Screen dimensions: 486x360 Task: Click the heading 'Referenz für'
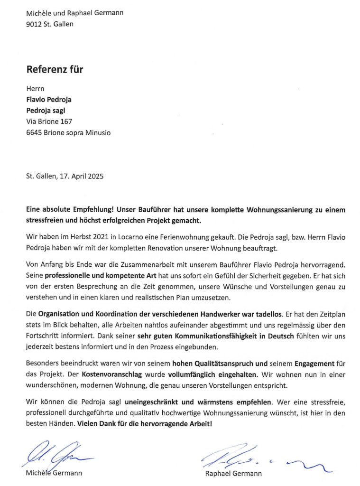(55, 69)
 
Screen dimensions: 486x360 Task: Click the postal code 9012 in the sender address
(34, 24)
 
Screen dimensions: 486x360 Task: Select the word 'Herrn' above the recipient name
(35, 88)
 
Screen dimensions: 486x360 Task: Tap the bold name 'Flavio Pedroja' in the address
(49, 100)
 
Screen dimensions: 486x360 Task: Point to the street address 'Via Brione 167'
(49, 121)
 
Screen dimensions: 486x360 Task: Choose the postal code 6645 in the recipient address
(34, 133)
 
